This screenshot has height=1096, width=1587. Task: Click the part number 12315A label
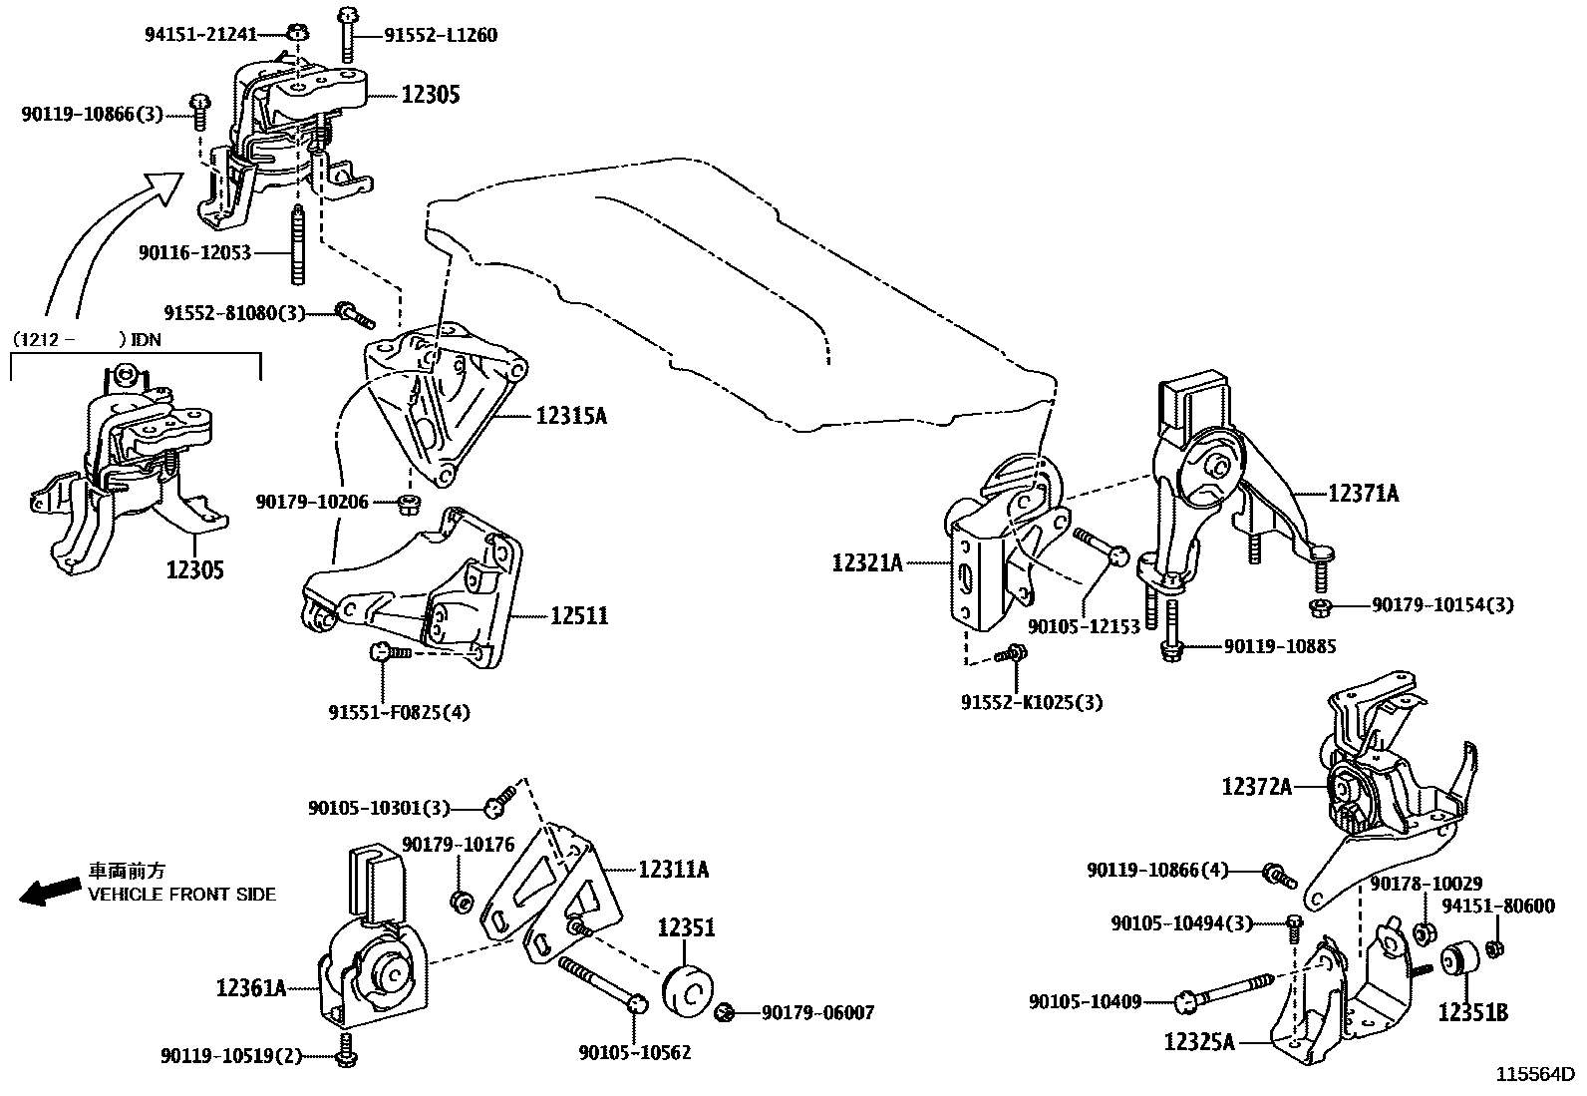(x=570, y=416)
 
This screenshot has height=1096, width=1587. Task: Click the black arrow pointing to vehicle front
(x=50, y=891)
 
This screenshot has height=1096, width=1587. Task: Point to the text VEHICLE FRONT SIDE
(x=181, y=895)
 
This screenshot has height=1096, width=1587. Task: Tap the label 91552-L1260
(x=440, y=36)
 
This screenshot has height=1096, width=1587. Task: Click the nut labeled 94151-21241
(x=296, y=33)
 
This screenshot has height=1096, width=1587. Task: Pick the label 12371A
(x=1363, y=493)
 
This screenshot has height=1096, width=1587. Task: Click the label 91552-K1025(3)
(x=1031, y=702)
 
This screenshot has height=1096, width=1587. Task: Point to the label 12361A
(x=250, y=988)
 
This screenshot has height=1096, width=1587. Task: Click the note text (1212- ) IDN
(x=86, y=339)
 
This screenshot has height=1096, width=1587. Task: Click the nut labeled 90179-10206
(x=408, y=503)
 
